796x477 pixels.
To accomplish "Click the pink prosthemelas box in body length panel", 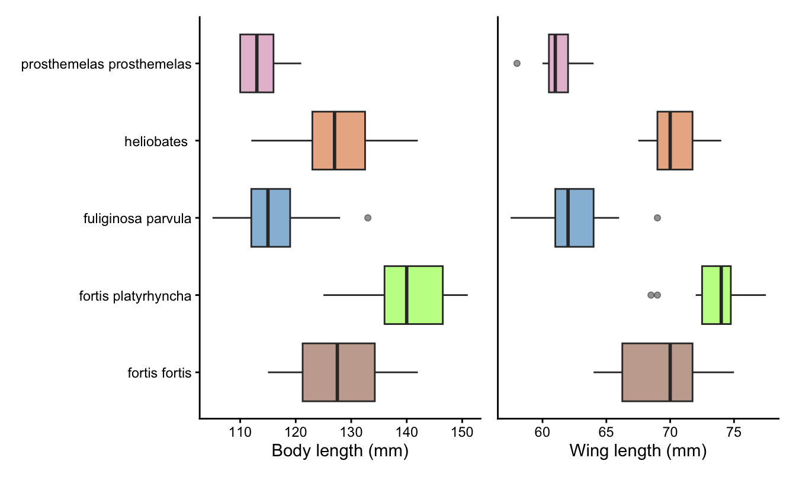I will (256, 63).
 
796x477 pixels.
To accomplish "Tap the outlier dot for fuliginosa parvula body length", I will (368, 218).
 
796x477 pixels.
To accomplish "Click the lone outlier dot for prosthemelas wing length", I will (516, 63).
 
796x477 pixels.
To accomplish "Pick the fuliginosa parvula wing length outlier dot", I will (657, 218).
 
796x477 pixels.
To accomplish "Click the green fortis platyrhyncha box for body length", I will (413, 295).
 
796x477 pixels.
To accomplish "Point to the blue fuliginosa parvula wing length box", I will (574, 218).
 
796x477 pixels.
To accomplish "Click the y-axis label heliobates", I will (156, 141).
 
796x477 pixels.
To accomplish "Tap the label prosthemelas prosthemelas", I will (106, 64).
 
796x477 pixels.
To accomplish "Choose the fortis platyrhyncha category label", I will (135, 295).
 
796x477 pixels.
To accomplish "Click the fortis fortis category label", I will (159, 373).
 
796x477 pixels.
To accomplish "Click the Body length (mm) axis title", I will (340, 452).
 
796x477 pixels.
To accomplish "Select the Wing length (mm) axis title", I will (638, 452).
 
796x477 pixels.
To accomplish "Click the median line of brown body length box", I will (337, 372).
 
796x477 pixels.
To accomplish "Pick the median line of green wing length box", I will (721, 295).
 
